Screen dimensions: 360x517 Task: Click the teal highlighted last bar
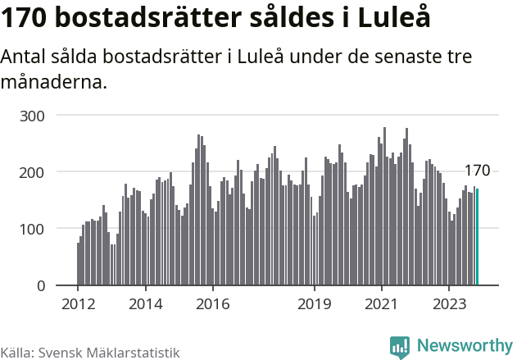tap(478, 237)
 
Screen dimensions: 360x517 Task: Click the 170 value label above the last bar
tap(477, 171)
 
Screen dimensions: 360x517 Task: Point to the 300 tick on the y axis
tap(33, 116)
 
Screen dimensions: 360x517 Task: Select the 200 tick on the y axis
tap(33, 172)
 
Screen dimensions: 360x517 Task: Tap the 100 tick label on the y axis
tap(33, 229)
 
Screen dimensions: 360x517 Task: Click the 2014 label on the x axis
tap(145, 303)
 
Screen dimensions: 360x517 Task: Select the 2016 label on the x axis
tap(212, 303)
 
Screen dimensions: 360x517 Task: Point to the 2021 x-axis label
tap(381, 303)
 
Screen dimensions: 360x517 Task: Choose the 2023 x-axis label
tap(448, 303)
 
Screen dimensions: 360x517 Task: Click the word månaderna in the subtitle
tap(53, 82)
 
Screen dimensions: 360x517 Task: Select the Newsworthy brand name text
tap(464, 346)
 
